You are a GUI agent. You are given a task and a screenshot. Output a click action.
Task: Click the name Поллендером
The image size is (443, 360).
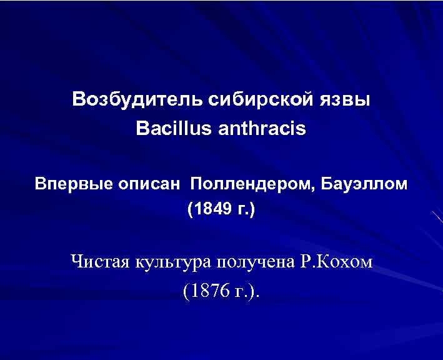(253, 184)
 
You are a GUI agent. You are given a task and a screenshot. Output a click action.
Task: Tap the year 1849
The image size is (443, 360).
(212, 208)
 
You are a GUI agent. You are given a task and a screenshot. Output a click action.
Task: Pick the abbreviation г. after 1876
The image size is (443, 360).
(240, 292)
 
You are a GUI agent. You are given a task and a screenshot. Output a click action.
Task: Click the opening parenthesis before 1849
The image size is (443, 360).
(189, 209)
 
